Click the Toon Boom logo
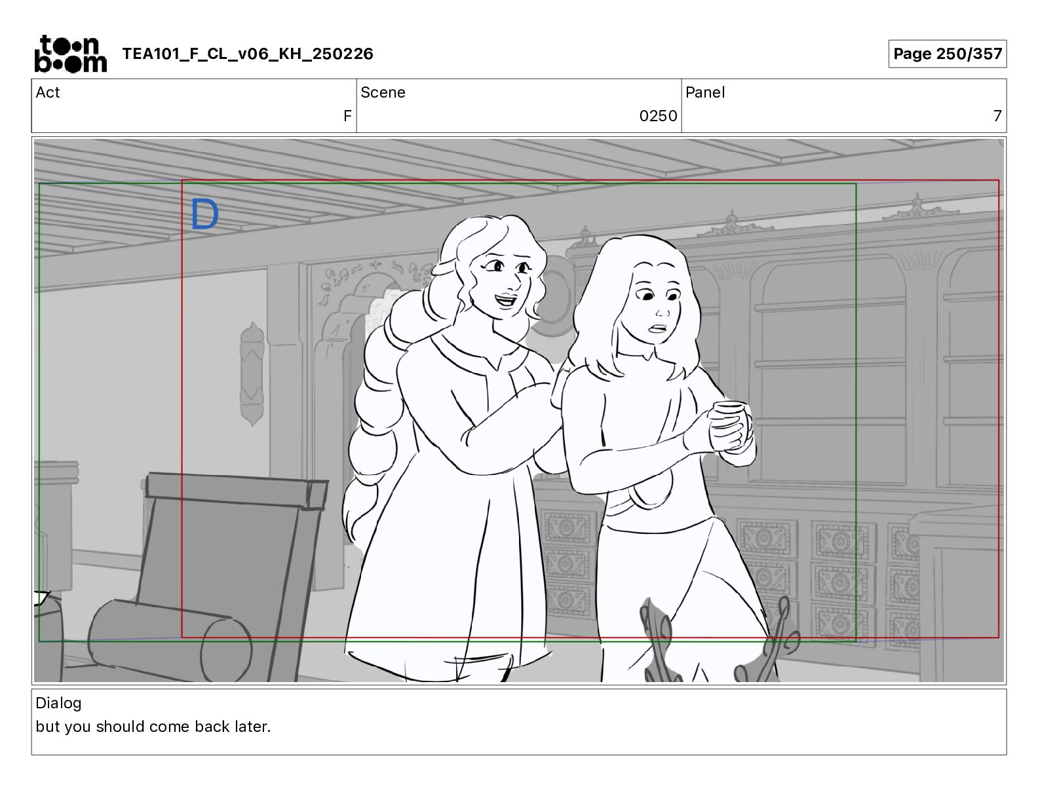[x=71, y=54]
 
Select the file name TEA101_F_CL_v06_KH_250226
[x=248, y=54]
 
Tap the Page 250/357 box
[x=947, y=54]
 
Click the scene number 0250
[x=658, y=115]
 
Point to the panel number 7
[x=997, y=115]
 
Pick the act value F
[x=347, y=115]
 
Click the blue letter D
[x=204, y=214]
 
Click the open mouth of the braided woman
[x=505, y=301]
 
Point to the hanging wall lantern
[x=252, y=373]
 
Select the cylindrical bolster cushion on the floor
[x=170, y=641]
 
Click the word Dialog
[x=58, y=703]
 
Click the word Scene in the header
[x=383, y=92]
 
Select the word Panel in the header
[x=705, y=92]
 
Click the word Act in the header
[x=48, y=92]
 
